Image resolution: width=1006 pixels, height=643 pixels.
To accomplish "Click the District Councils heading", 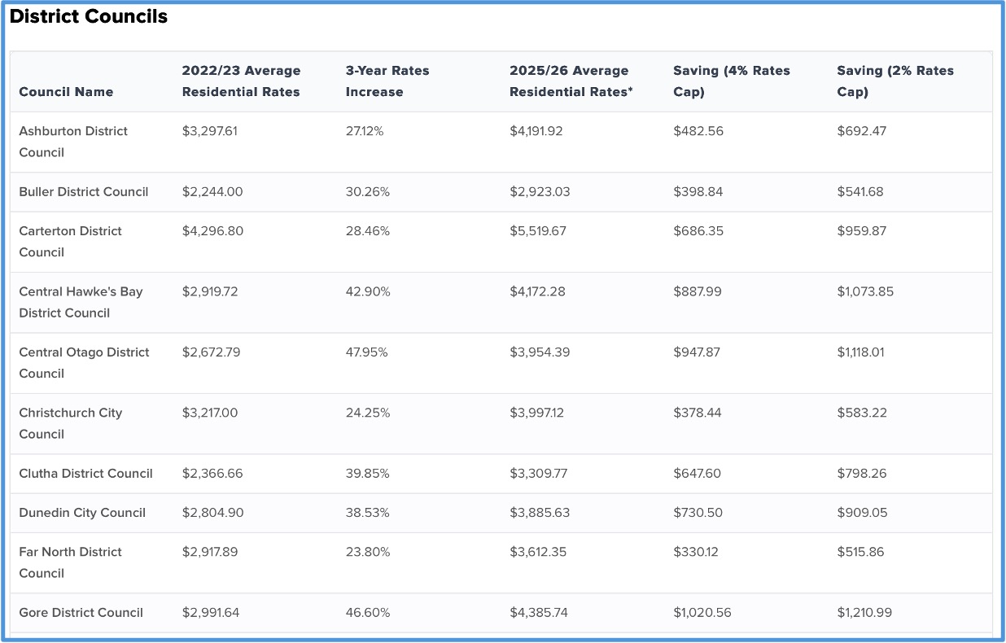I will (x=89, y=17).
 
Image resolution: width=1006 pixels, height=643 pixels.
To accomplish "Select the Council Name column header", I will (x=66, y=92).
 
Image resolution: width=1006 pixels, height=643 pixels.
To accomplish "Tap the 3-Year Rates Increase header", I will (x=387, y=81).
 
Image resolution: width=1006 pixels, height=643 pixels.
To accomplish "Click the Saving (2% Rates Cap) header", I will (x=894, y=81).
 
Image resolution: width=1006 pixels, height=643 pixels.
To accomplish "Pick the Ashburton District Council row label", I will (x=73, y=142).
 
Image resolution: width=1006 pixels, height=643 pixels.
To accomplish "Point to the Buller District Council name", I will (x=84, y=192).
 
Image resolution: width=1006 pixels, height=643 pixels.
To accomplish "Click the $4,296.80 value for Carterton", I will (x=212, y=231).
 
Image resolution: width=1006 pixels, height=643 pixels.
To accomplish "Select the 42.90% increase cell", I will (x=368, y=291).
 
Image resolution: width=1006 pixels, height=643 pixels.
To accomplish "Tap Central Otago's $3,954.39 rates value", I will (x=538, y=352).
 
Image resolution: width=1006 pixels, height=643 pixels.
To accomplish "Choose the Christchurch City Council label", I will (x=71, y=423).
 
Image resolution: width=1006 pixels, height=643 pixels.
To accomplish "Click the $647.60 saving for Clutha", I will (x=697, y=474).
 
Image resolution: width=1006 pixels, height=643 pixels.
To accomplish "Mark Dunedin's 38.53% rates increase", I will (x=367, y=513).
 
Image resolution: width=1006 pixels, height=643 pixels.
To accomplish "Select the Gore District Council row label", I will (x=81, y=613).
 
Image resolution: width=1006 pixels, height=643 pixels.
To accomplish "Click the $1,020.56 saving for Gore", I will (x=702, y=613).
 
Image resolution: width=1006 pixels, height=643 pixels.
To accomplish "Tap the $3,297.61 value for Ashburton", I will (x=210, y=131).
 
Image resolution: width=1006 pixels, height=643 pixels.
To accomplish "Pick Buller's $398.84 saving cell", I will (x=698, y=192).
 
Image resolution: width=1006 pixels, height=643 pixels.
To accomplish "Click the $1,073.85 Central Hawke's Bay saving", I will (x=864, y=291).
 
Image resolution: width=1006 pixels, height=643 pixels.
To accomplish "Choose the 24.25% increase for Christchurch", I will (x=367, y=413).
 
